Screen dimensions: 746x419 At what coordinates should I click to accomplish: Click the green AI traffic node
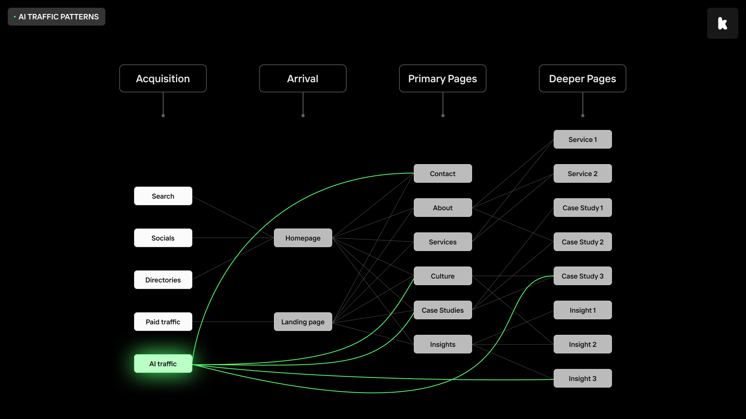coord(163,364)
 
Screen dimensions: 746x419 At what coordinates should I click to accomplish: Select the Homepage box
coord(303,238)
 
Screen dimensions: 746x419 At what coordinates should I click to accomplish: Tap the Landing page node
coord(303,322)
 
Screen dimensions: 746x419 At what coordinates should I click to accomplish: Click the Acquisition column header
coord(163,78)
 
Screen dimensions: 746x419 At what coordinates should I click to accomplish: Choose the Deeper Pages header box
coord(582,78)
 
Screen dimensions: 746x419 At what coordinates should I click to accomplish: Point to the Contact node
coord(443,173)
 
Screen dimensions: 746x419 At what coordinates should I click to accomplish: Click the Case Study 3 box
coord(583,276)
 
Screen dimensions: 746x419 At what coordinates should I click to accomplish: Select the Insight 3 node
coord(583,378)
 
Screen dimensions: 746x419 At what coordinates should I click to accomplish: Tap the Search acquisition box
coord(163,196)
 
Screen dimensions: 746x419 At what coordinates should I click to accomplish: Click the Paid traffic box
coord(163,322)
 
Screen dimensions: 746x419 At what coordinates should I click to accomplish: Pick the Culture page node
coord(443,276)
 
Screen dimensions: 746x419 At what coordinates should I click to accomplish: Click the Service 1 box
coord(583,139)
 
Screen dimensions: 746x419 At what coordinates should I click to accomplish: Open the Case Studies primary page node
coord(443,310)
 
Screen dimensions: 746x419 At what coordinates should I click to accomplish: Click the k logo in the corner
coord(723,23)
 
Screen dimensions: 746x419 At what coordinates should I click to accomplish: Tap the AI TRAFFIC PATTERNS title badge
coord(56,17)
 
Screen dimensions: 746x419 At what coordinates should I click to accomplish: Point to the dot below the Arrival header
coord(303,116)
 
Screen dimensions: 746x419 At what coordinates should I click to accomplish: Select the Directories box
coord(163,280)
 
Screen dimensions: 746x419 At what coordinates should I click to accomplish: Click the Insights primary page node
coord(443,344)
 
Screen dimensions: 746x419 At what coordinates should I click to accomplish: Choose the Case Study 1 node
coord(583,208)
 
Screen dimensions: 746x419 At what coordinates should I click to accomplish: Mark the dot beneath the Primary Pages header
coord(443,116)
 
